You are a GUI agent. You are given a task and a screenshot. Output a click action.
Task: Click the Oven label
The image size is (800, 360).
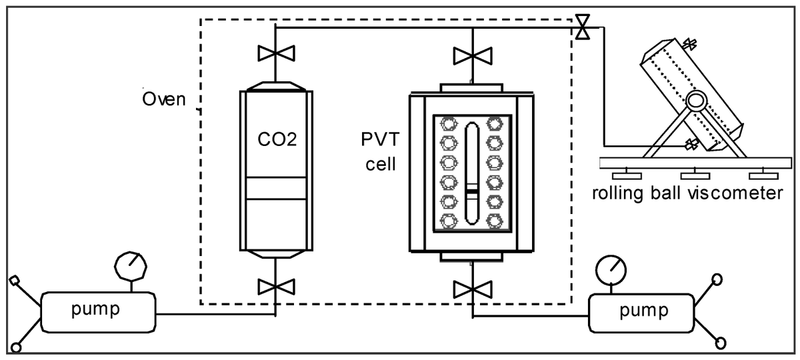pyautogui.click(x=164, y=99)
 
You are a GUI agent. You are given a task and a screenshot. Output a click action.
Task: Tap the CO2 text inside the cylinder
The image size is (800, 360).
pyautogui.click(x=277, y=139)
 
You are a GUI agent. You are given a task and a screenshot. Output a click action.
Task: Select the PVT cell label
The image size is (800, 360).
pyautogui.click(x=381, y=152)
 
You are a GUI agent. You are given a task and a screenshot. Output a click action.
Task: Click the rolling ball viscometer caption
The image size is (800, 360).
pyautogui.click(x=687, y=193)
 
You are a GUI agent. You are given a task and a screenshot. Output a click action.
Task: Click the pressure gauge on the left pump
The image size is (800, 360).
pyautogui.click(x=131, y=267)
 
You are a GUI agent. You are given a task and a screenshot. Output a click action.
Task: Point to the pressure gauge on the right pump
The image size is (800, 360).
pyautogui.click(x=611, y=271)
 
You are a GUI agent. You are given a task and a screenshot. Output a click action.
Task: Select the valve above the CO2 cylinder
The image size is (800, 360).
pyautogui.click(x=276, y=53)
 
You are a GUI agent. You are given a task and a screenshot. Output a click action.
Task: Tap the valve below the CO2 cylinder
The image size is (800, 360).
pyautogui.click(x=276, y=287)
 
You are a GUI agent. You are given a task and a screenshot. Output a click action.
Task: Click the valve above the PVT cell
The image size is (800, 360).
pyautogui.click(x=473, y=56)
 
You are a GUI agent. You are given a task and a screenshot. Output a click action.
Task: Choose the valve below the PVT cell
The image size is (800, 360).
pyautogui.click(x=473, y=289)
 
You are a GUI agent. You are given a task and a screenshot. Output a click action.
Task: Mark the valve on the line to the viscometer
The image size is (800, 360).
pyautogui.click(x=583, y=27)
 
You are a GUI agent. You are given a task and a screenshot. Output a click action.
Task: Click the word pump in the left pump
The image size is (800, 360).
pyautogui.click(x=95, y=309)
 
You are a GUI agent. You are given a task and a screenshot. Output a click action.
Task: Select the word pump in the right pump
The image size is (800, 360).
pyautogui.click(x=644, y=311)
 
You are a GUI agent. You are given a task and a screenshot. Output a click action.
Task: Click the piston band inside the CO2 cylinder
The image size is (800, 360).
pyautogui.click(x=276, y=188)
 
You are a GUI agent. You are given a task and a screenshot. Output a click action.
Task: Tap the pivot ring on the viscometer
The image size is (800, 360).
pyautogui.click(x=696, y=101)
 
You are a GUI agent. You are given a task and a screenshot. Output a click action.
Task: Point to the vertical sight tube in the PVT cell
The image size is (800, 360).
pyautogui.click(x=472, y=173)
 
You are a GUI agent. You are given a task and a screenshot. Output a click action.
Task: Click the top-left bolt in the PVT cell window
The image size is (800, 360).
pyautogui.click(x=449, y=124)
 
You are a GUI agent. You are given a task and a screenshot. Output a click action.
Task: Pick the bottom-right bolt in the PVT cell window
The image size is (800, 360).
pyautogui.click(x=495, y=221)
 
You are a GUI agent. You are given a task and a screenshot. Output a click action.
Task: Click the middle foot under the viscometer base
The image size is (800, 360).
pyautogui.click(x=695, y=175)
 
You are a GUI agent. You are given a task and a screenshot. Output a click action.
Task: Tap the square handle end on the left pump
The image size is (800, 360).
pyautogui.click(x=14, y=281)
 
